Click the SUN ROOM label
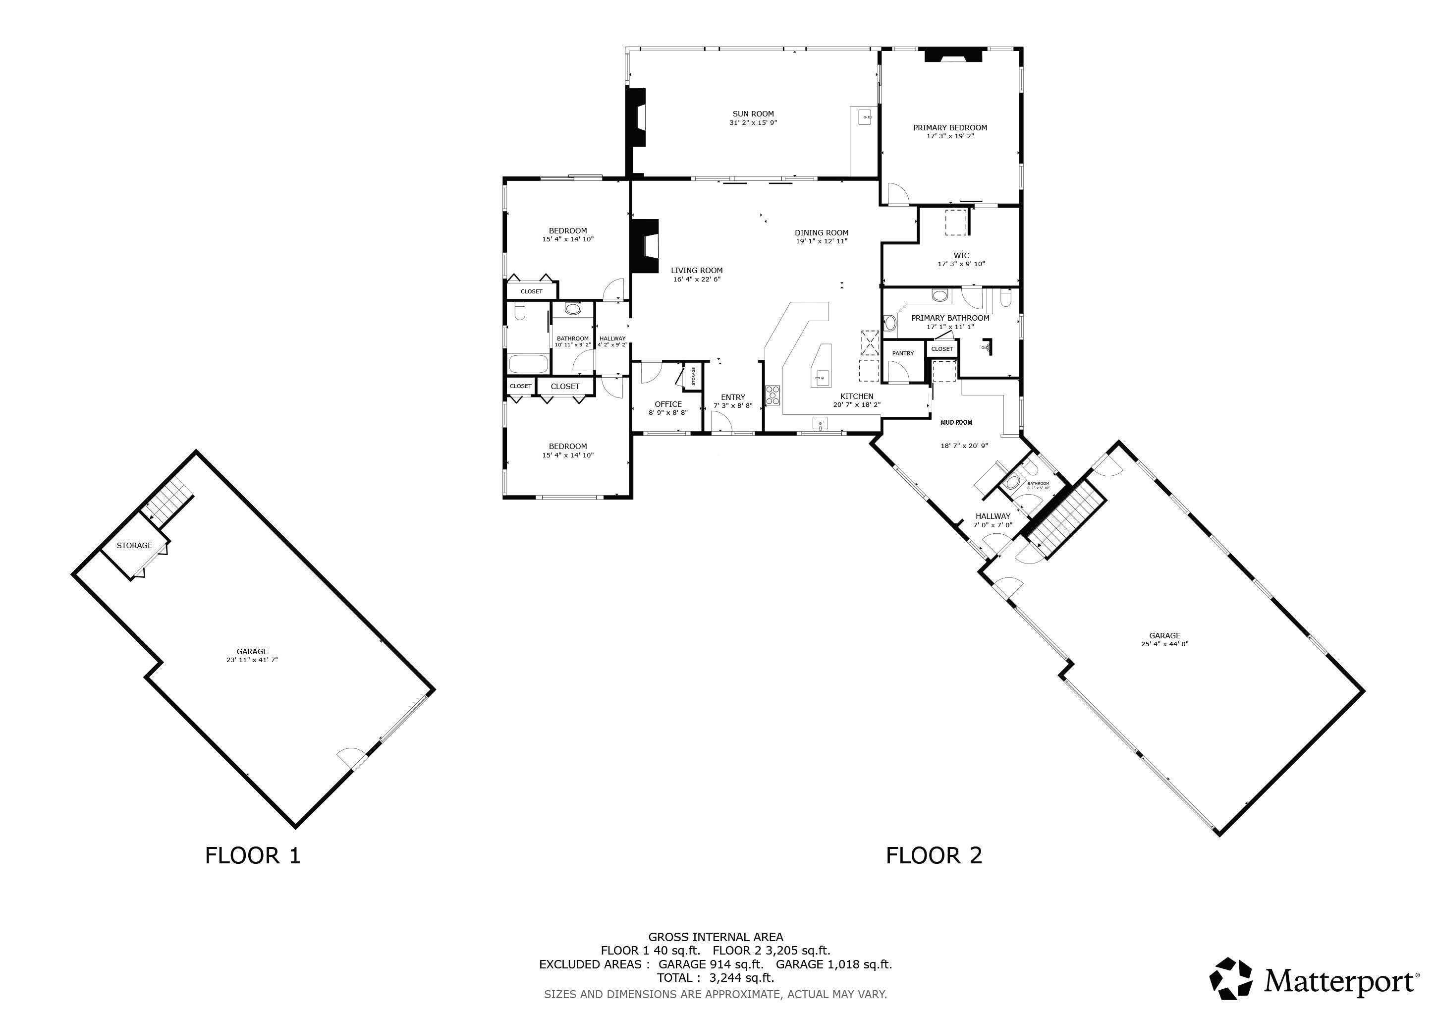coord(753,114)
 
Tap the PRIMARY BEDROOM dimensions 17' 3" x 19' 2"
coord(950,136)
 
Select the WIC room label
coord(961,255)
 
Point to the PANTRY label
coord(902,354)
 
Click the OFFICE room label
coord(668,404)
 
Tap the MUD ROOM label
coord(956,422)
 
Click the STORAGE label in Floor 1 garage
coord(134,546)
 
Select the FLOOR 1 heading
coord(253,855)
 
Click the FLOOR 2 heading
coord(934,855)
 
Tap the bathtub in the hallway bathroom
coord(528,363)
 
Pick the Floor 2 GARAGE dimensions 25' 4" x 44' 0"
coord(1164,644)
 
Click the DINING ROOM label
coord(821,232)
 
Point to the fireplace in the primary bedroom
coord(953,56)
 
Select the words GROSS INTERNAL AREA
coord(715,937)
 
